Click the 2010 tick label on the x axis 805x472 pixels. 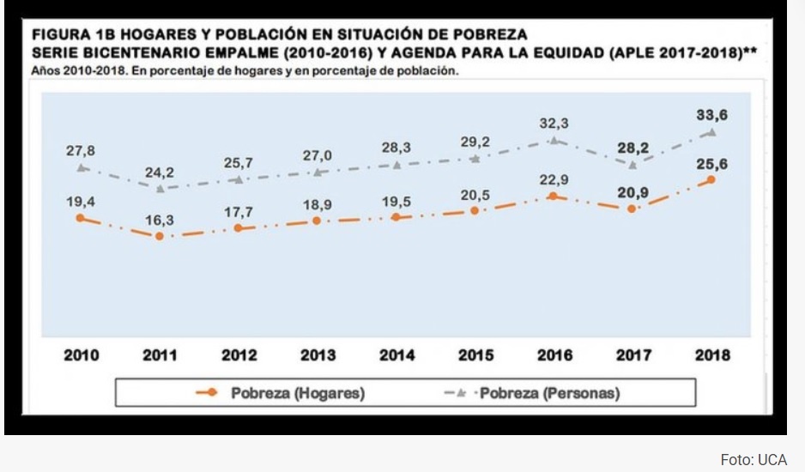pos(82,355)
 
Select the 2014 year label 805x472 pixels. pos(397,355)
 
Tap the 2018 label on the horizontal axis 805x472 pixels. pos(711,355)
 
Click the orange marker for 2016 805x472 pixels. pos(554,197)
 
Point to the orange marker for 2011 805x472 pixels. pos(160,235)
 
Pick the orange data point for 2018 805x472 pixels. pos(711,179)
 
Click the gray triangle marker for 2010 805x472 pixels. pos(81,167)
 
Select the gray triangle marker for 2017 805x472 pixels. pos(632,164)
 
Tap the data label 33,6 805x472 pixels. pos(711,114)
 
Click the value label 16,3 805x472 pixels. pos(159,220)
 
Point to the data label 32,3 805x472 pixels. pos(554,124)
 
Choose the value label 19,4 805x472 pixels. pos(81,203)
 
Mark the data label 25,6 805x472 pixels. pos(711,163)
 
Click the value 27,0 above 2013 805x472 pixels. pos(318,155)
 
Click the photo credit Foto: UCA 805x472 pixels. pos(754,460)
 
